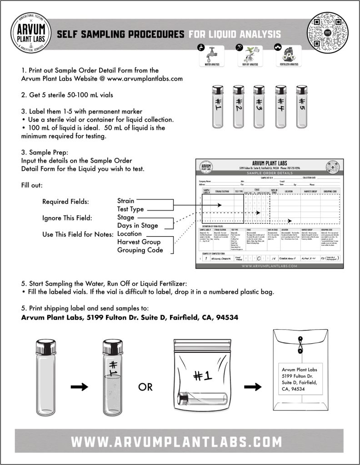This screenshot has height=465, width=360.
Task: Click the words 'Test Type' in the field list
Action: (130, 209)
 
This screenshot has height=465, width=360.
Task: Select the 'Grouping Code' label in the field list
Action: (140, 250)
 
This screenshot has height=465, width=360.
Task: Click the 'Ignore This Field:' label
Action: (67, 218)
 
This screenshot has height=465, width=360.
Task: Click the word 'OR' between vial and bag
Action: (145, 387)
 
